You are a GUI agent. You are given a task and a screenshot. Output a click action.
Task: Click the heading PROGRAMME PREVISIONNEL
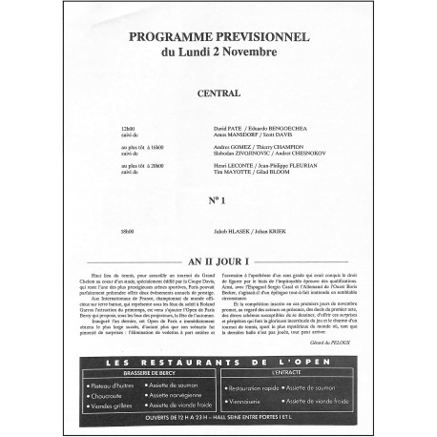[218, 37]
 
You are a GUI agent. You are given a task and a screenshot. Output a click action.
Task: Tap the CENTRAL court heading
[218, 96]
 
